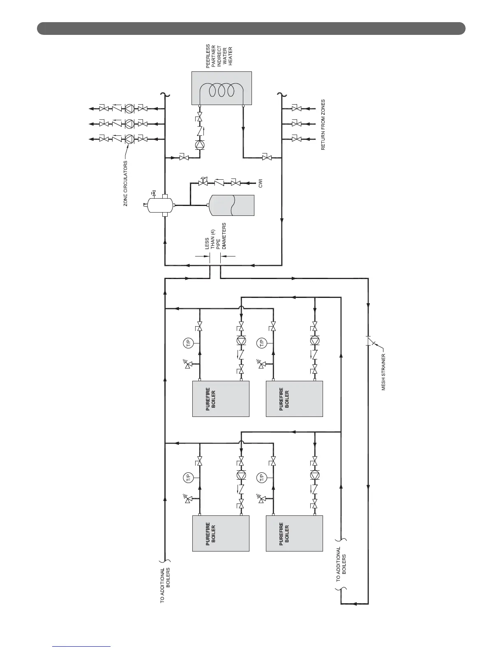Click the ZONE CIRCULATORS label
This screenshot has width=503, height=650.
126,183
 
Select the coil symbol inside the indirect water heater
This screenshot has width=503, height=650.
222,90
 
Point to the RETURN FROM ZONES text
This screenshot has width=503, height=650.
323,124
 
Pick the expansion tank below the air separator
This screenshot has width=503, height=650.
232,205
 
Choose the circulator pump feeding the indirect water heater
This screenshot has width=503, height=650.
200,144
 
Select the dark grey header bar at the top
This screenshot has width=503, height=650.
251,29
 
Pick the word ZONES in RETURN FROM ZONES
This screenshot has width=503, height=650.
323,108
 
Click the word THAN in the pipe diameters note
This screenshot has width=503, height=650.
213,240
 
